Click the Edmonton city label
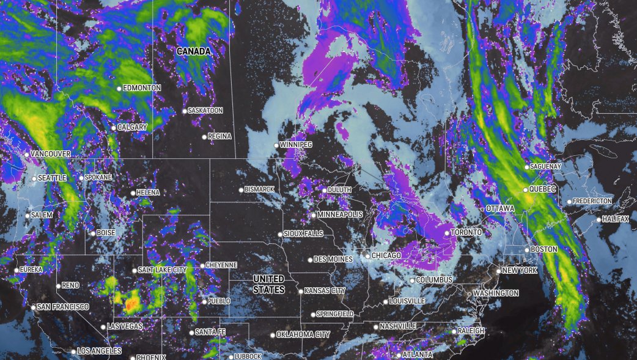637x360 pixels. pyautogui.click(x=142, y=88)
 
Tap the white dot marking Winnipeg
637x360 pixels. pyautogui.click(x=276, y=145)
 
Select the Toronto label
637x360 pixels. pyautogui.click(x=466, y=233)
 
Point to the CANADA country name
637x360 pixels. pyautogui.click(x=194, y=52)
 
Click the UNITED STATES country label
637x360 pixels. pyautogui.click(x=268, y=285)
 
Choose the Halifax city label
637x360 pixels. pyautogui.click(x=616, y=219)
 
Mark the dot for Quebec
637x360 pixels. pyautogui.click(x=525, y=190)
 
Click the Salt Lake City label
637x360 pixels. pyautogui.click(x=163, y=270)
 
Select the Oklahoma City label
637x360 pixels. pyautogui.click(x=303, y=335)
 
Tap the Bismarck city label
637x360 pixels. pyautogui.click(x=259, y=189)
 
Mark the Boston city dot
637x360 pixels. pyautogui.click(x=527, y=250)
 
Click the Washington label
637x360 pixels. pyautogui.click(x=496, y=293)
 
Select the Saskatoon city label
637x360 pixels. pyautogui.click(x=206, y=111)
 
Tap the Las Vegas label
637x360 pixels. pyautogui.click(x=125, y=326)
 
